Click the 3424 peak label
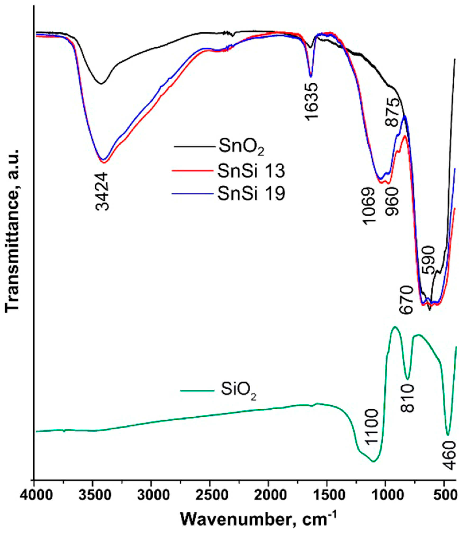point(102,191)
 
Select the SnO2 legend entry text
point(241,148)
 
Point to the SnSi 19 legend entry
point(251,194)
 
